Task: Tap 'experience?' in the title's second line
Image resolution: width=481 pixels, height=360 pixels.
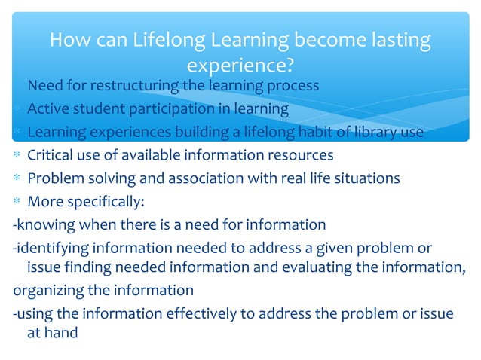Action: (x=240, y=66)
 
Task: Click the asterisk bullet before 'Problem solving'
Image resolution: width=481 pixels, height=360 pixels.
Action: (x=17, y=179)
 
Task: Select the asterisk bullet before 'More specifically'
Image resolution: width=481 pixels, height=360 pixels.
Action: (x=17, y=202)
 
